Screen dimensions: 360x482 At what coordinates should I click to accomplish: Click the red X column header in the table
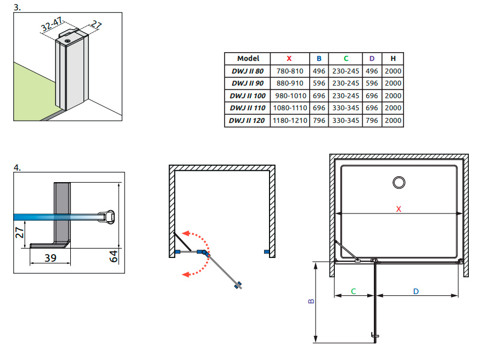coord(289,58)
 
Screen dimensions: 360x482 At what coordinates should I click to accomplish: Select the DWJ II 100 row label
coord(248,95)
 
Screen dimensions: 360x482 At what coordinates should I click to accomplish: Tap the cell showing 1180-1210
coord(289,120)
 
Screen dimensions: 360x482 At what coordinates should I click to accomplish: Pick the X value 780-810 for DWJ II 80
coord(289,71)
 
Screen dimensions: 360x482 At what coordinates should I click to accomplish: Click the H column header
coord(393,58)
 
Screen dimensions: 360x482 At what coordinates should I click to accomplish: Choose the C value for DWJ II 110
coord(346,108)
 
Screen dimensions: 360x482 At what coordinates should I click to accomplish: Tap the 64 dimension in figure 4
coord(113,255)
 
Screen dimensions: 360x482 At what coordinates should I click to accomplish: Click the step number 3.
coord(17,8)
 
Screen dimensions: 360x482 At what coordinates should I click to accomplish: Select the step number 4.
coord(17,168)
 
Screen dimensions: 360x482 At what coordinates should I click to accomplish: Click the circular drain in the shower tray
coord(399,182)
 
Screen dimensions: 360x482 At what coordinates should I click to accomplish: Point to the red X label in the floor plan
coord(399,209)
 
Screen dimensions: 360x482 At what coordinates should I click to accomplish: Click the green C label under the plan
coord(354,291)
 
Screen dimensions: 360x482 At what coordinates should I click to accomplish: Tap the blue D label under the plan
coord(416,291)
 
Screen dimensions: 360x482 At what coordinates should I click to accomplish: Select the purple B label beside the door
coord(311,301)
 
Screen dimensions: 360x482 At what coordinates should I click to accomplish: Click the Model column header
coord(248,58)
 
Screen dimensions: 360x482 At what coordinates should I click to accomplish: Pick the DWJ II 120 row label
coord(248,120)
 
